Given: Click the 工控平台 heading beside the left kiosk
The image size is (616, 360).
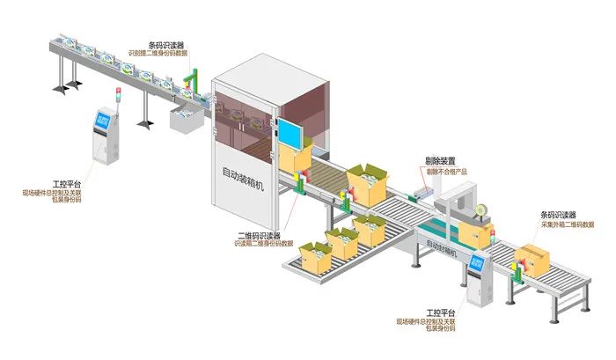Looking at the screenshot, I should coord(65,184).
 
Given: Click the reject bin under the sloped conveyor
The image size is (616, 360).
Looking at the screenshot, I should coord(187,123).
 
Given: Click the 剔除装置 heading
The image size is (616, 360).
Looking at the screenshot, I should coord(440,161).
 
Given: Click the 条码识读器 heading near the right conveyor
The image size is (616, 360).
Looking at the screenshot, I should coord(558,215).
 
